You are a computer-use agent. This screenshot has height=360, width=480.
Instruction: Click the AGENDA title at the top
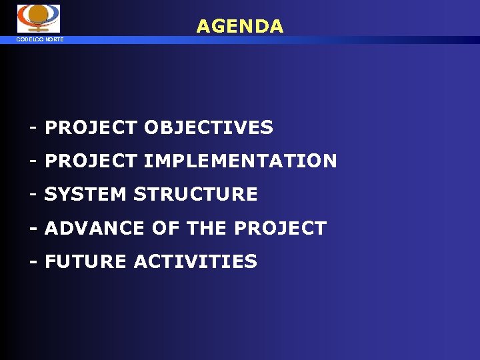tap(240, 26)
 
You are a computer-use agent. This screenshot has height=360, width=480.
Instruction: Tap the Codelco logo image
tap(38, 18)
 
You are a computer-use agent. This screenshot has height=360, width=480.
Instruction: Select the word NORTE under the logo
tap(54, 39)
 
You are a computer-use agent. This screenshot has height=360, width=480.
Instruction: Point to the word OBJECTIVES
tap(208, 127)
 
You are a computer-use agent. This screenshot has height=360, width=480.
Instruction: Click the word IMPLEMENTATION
tap(240, 161)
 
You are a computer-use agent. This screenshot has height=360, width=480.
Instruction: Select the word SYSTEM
tap(86, 194)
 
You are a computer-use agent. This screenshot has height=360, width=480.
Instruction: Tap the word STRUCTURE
tap(195, 194)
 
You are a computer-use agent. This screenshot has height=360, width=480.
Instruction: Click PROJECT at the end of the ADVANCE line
tap(280, 228)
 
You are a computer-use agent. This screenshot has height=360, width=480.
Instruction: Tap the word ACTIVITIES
tap(195, 261)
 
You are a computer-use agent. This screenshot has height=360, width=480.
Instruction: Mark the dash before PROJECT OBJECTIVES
tap(33, 127)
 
